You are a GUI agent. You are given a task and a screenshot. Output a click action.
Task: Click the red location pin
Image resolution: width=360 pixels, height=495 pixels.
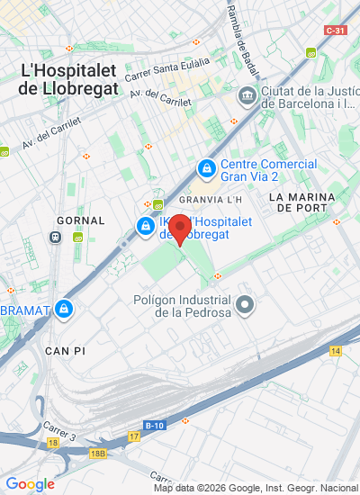point(180,229)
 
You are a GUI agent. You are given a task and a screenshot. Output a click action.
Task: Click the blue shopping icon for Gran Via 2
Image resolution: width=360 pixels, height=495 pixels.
point(207,168)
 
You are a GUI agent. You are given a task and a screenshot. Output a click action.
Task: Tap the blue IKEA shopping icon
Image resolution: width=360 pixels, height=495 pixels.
point(145,225)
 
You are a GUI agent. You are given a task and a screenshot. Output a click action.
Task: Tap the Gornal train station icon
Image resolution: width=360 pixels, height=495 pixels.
point(56,238)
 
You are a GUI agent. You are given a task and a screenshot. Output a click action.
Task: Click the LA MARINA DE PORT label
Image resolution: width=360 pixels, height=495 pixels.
point(301,202)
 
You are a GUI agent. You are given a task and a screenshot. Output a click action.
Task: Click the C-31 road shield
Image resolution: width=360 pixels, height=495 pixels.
point(336,30)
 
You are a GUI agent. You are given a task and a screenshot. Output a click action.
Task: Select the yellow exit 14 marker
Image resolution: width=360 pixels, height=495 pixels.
point(336,350)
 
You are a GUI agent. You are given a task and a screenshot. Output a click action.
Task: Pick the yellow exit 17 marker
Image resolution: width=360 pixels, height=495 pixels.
point(134,436)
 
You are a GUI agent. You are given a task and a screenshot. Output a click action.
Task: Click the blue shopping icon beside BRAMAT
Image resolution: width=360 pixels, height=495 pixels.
point(63,310)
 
